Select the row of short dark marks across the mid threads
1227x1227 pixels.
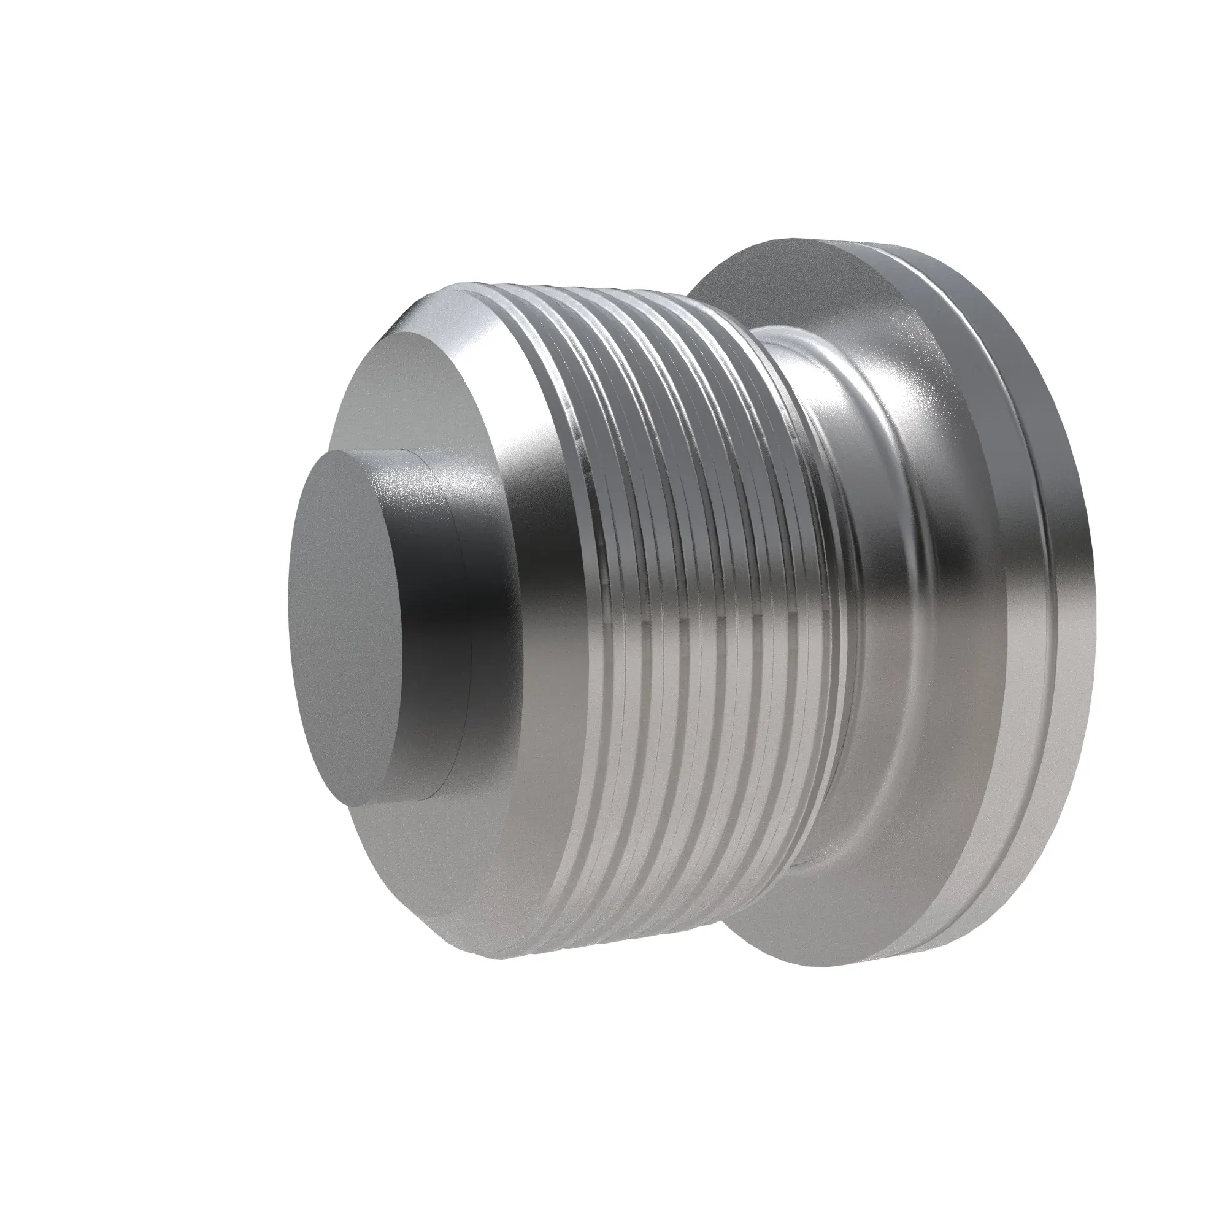(x=718, y=619)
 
